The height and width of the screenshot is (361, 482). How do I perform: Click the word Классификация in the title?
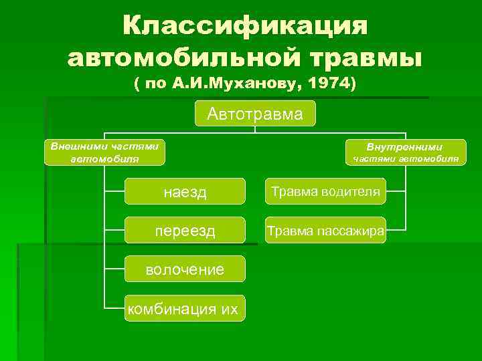(245, 27)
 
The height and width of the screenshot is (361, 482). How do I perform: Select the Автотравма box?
(254, 114)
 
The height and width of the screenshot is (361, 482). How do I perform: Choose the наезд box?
(185, 193)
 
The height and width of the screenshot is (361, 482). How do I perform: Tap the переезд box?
(185, 231)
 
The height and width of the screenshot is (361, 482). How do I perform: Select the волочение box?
(185, 269)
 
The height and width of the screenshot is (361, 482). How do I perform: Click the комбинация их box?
(185, 308)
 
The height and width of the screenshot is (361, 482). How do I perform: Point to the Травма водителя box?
(325, 192)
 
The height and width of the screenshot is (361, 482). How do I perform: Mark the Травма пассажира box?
(325, 231)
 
